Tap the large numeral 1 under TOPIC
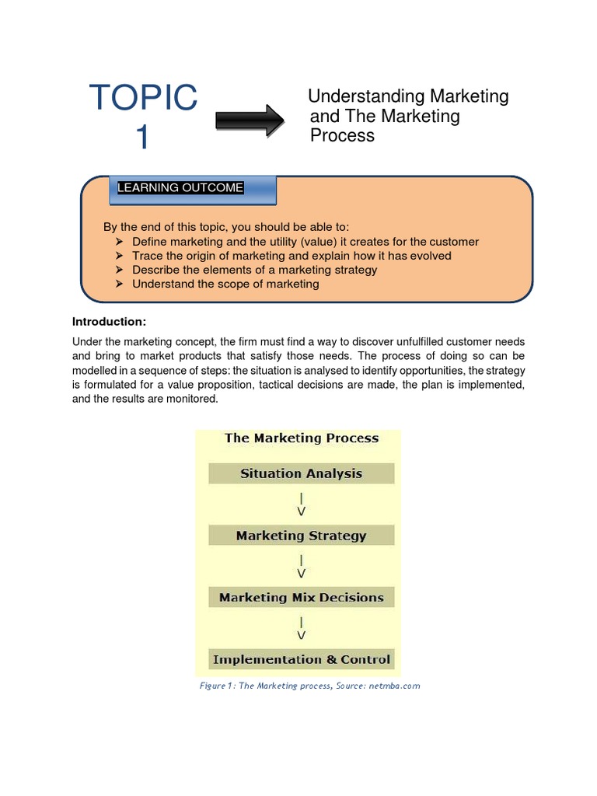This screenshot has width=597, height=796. pos(142,138)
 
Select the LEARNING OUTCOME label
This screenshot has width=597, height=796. pos(180,188)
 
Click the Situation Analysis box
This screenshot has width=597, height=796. pos(301,473)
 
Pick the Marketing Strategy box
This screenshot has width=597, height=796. pos(301,536)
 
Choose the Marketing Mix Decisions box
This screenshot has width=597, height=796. pos(301,598)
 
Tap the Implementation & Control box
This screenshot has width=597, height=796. pos(301,660)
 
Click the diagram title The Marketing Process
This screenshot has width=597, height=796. pos(302,438)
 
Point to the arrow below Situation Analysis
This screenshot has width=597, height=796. pos(302,504)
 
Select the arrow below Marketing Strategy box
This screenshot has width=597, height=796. pos(302,566)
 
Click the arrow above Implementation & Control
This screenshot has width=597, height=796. pos(302,628)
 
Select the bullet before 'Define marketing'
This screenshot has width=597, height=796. pos(120,242)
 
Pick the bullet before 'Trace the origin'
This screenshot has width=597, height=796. pos(120,256)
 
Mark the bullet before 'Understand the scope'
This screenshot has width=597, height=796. pos(120,284)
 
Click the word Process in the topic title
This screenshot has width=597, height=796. pos(342,136)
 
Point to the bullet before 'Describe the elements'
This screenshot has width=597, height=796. pos(120,270)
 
